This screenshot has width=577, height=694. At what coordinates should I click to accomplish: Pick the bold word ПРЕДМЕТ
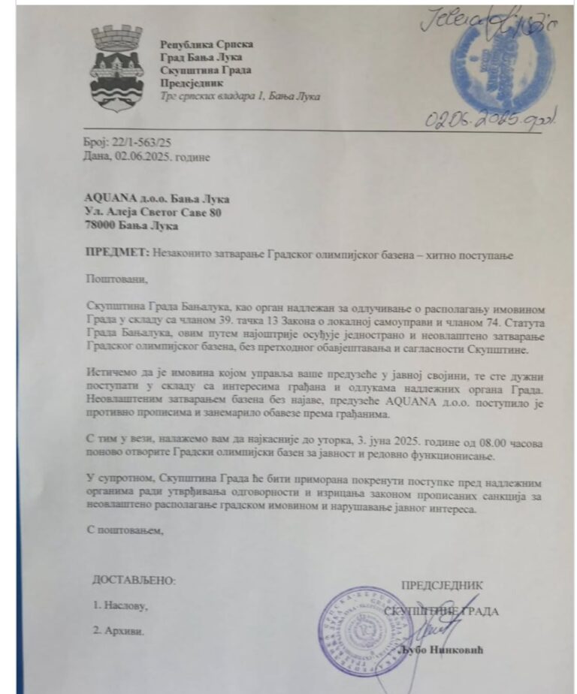(109, 255)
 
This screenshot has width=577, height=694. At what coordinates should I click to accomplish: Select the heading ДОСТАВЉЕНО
(134, 581)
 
